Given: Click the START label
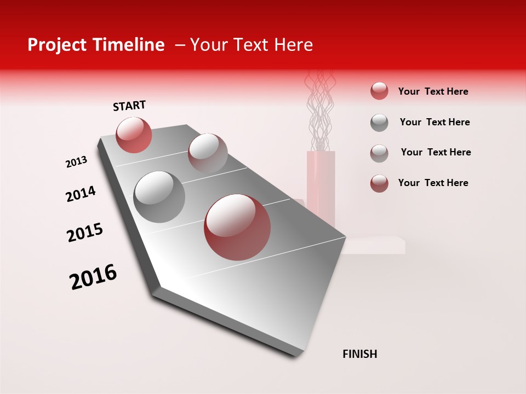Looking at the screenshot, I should pyautogui.click(x=129, y=106).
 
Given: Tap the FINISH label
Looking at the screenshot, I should pyautogui.click(x=359, y=354).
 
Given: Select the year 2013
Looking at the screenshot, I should pyautogui.click(x=76, y=162).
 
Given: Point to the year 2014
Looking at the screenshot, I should pyautogui.click(x=81, y=194).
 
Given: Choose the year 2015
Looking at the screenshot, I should pyautogui.click(x=85, y=233).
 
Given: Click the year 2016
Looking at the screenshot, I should pyautogui.click(x=93, y=277).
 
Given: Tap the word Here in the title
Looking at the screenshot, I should pyautogui.click(x=293, y=45).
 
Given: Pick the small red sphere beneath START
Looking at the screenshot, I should pyautogui.click(x=134, y=135).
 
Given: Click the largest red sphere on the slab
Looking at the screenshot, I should pyautogui.click(x=237, y=228).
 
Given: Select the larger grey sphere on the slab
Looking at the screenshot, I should pyautogui.click(x=159, y=196).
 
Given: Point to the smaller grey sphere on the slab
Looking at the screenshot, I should pyautogui.click(x=208, y=152).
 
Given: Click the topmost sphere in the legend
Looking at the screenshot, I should pyautogui.click(x=379, y=91).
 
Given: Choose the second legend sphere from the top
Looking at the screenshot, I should pyautogui.click(x=379, y=123).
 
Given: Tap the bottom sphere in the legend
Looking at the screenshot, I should pyautogui.click(x=379, y=183).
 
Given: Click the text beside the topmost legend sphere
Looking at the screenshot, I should pyautogui.click(x=433, y=91).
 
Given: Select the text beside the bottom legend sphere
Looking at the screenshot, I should pyautogui.click(x=433, y=183).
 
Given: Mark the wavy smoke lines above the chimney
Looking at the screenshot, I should pyautogui.click(x=319, y=112).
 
